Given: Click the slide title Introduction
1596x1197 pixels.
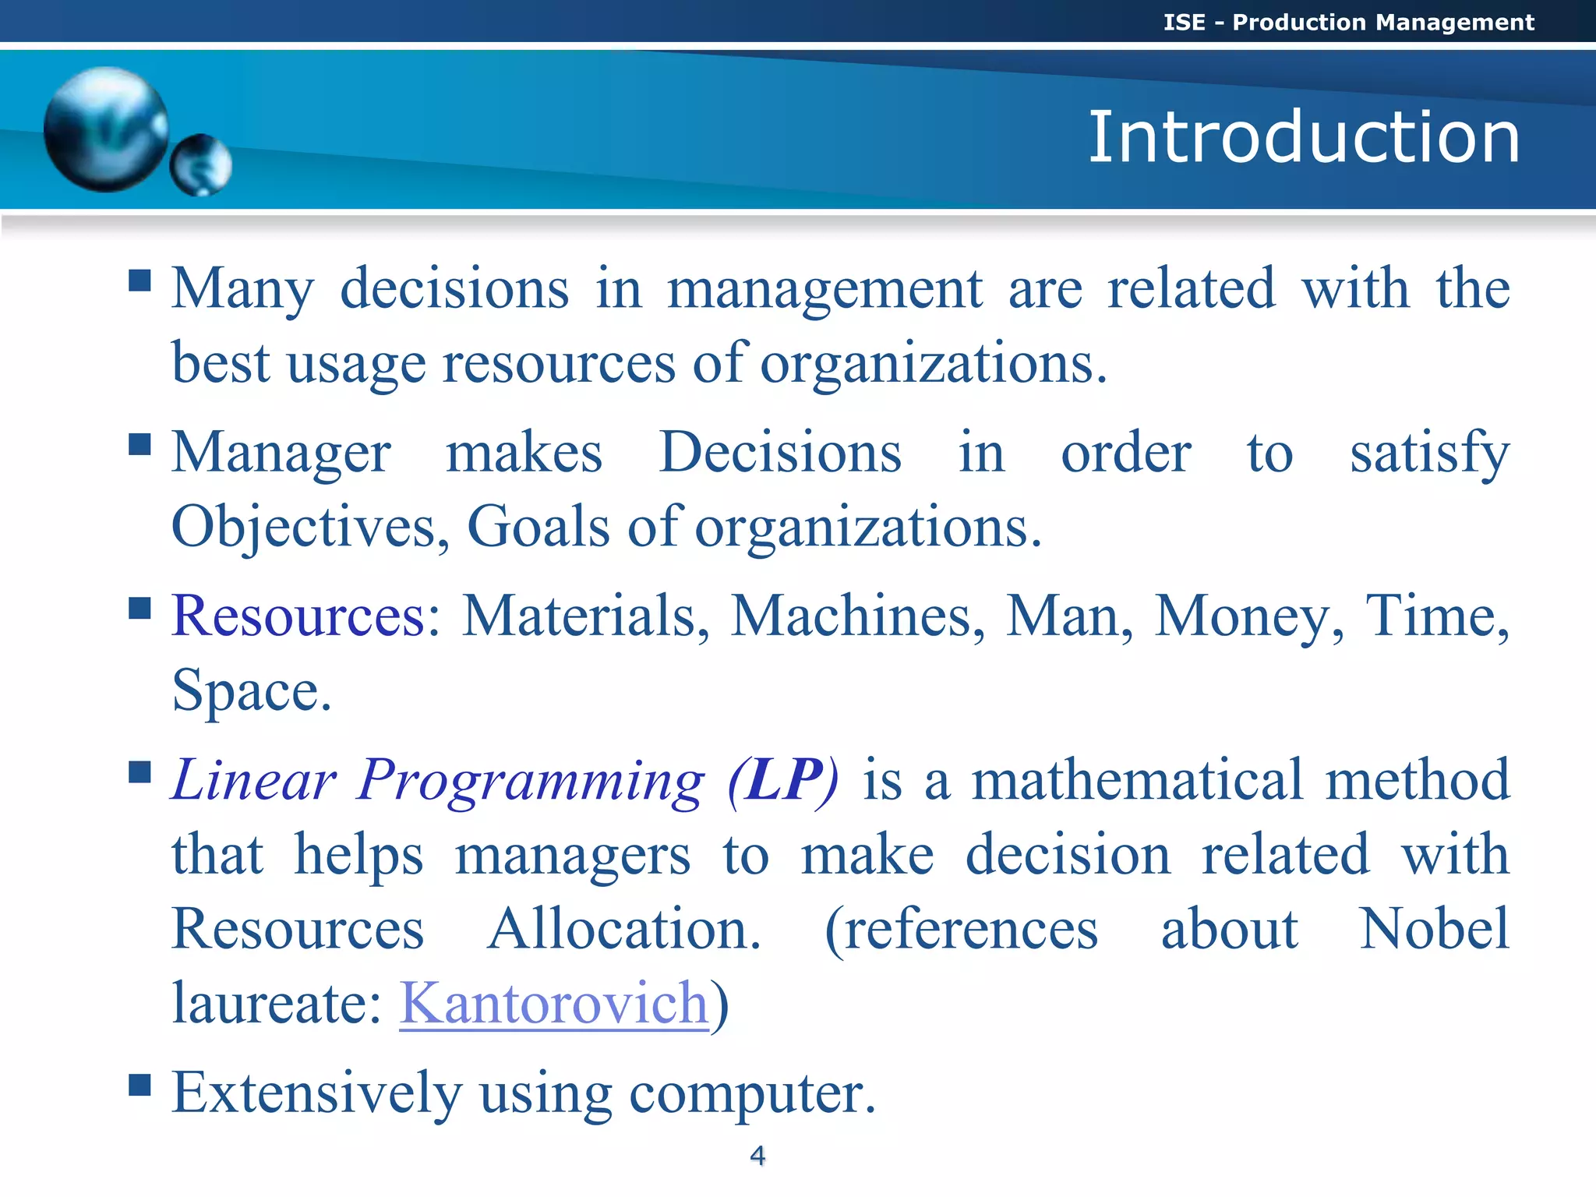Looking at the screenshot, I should click(x=1303, y=137).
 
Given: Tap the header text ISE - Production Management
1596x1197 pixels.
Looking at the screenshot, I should click(x=1347, y=22).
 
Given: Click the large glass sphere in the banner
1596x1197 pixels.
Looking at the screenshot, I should click(x=106, y=129).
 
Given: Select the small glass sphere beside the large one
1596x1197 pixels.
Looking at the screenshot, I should click(x=201, y=164).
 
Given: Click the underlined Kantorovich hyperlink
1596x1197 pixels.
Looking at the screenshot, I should click(x=553, y=1003).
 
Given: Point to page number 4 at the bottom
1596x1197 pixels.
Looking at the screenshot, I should click(x=757, y=1155).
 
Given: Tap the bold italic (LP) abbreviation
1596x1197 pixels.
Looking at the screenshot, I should click(x=783, y=779).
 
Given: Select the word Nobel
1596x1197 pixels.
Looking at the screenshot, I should click(x=1434, y=929).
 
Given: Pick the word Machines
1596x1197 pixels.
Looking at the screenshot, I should click(x=851, y=616).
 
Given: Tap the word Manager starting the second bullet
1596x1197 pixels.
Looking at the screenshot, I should click(x=281, y=454).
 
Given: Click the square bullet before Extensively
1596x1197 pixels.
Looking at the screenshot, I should click(x=139, y=1084).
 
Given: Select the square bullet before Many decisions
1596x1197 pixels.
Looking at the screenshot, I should click(x=139, y=280).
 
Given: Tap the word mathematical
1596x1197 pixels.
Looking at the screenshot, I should click(x=1137, y=779).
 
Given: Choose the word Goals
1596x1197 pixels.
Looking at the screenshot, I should click(x=538, y=527).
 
